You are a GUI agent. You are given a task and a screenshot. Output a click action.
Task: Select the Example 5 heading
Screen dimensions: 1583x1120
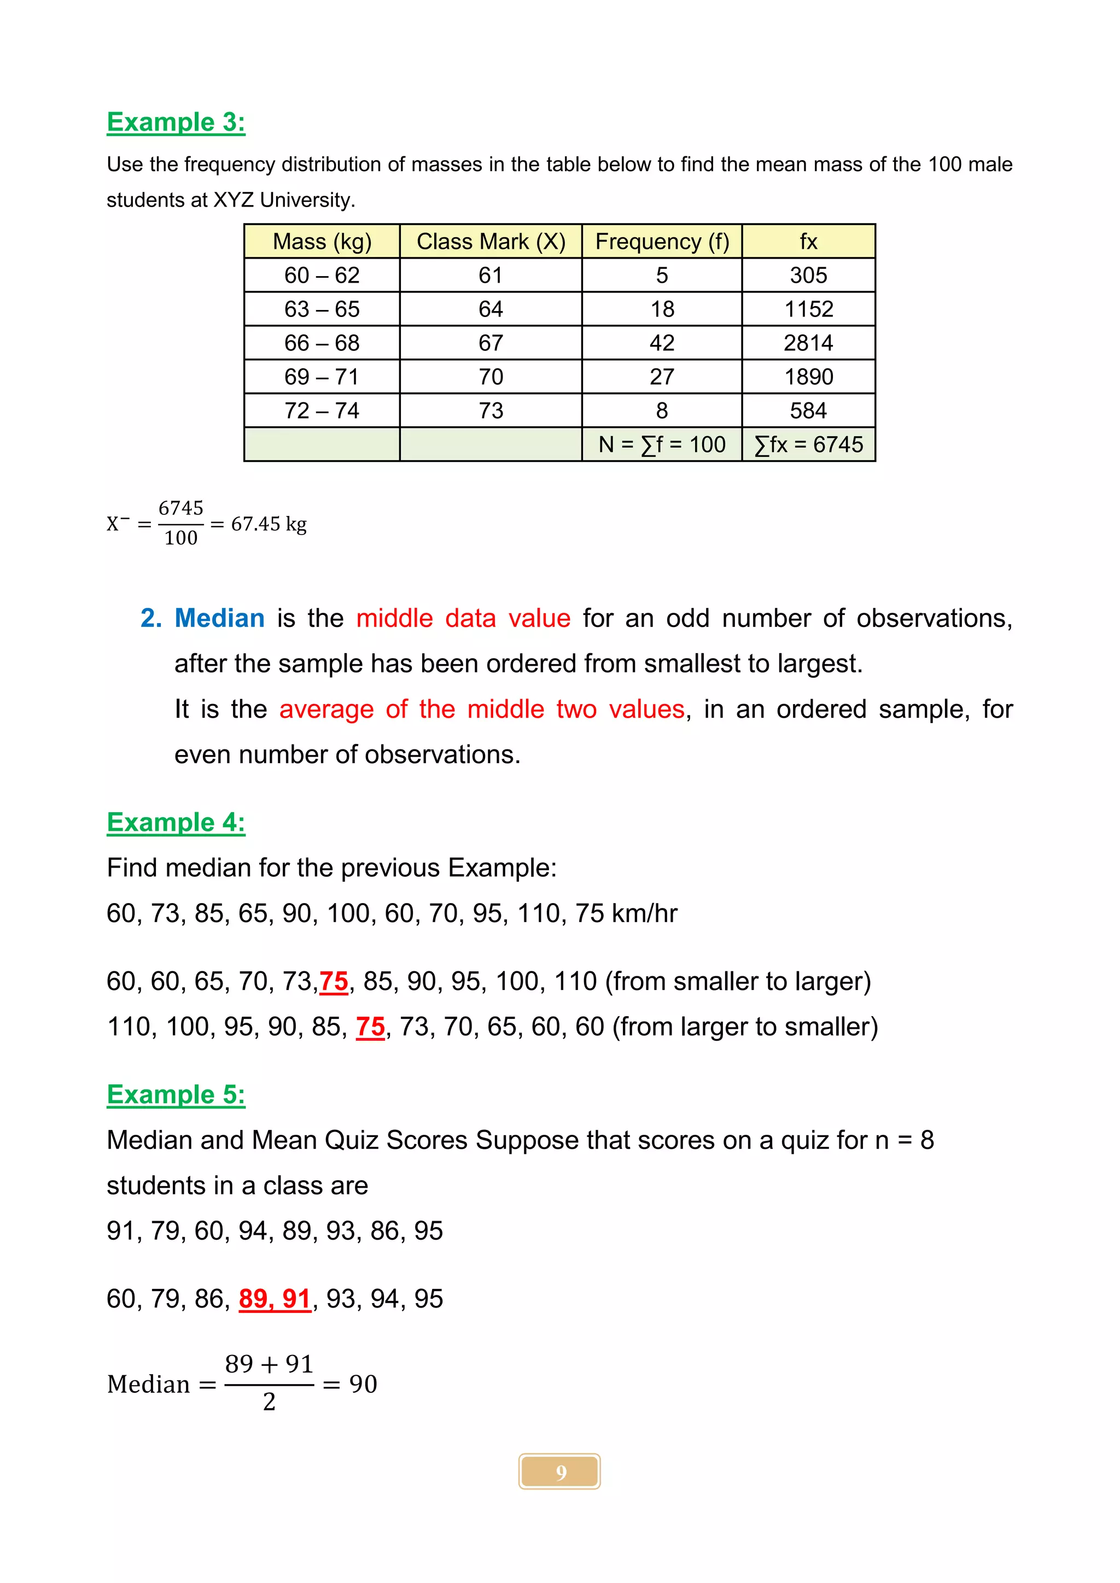176,1094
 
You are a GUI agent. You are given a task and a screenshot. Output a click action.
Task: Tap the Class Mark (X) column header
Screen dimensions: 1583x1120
491,241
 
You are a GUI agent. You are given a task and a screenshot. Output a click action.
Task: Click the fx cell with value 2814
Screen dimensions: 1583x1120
808,343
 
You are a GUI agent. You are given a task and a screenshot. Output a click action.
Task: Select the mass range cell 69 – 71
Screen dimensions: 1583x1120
322,377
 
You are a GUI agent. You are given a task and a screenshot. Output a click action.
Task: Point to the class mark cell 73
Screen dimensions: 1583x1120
491,410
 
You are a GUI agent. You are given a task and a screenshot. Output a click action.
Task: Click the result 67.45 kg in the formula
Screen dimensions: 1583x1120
269,524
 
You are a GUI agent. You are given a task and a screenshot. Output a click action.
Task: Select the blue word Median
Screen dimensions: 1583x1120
219,618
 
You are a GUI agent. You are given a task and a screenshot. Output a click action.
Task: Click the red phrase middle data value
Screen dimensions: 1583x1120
463,618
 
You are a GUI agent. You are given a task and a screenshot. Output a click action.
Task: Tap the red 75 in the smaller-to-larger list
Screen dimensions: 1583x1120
334,981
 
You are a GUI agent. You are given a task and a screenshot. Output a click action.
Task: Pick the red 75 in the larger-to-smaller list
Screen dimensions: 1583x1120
370,1027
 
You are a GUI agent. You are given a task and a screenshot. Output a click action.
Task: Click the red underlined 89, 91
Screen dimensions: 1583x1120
275,1299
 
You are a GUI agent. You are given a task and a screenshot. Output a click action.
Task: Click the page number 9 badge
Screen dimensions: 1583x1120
559,1472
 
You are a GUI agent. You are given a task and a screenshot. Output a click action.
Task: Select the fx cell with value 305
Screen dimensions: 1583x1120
808,275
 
